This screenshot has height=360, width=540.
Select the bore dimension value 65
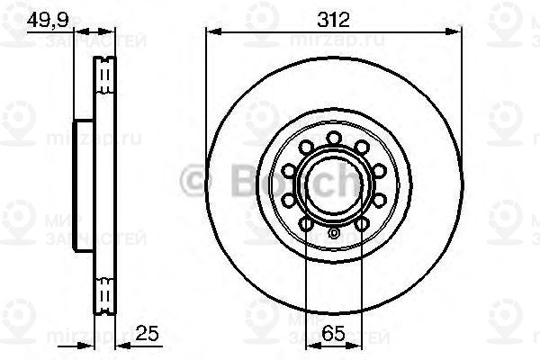[x=333, y=334]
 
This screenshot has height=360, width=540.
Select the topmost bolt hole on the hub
[x=334, y=138]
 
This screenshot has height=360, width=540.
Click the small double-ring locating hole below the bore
[x=334, y=236]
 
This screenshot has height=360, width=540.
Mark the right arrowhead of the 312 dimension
[x=456, y=33]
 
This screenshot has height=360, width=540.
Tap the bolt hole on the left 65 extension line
[x=307, y=222]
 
